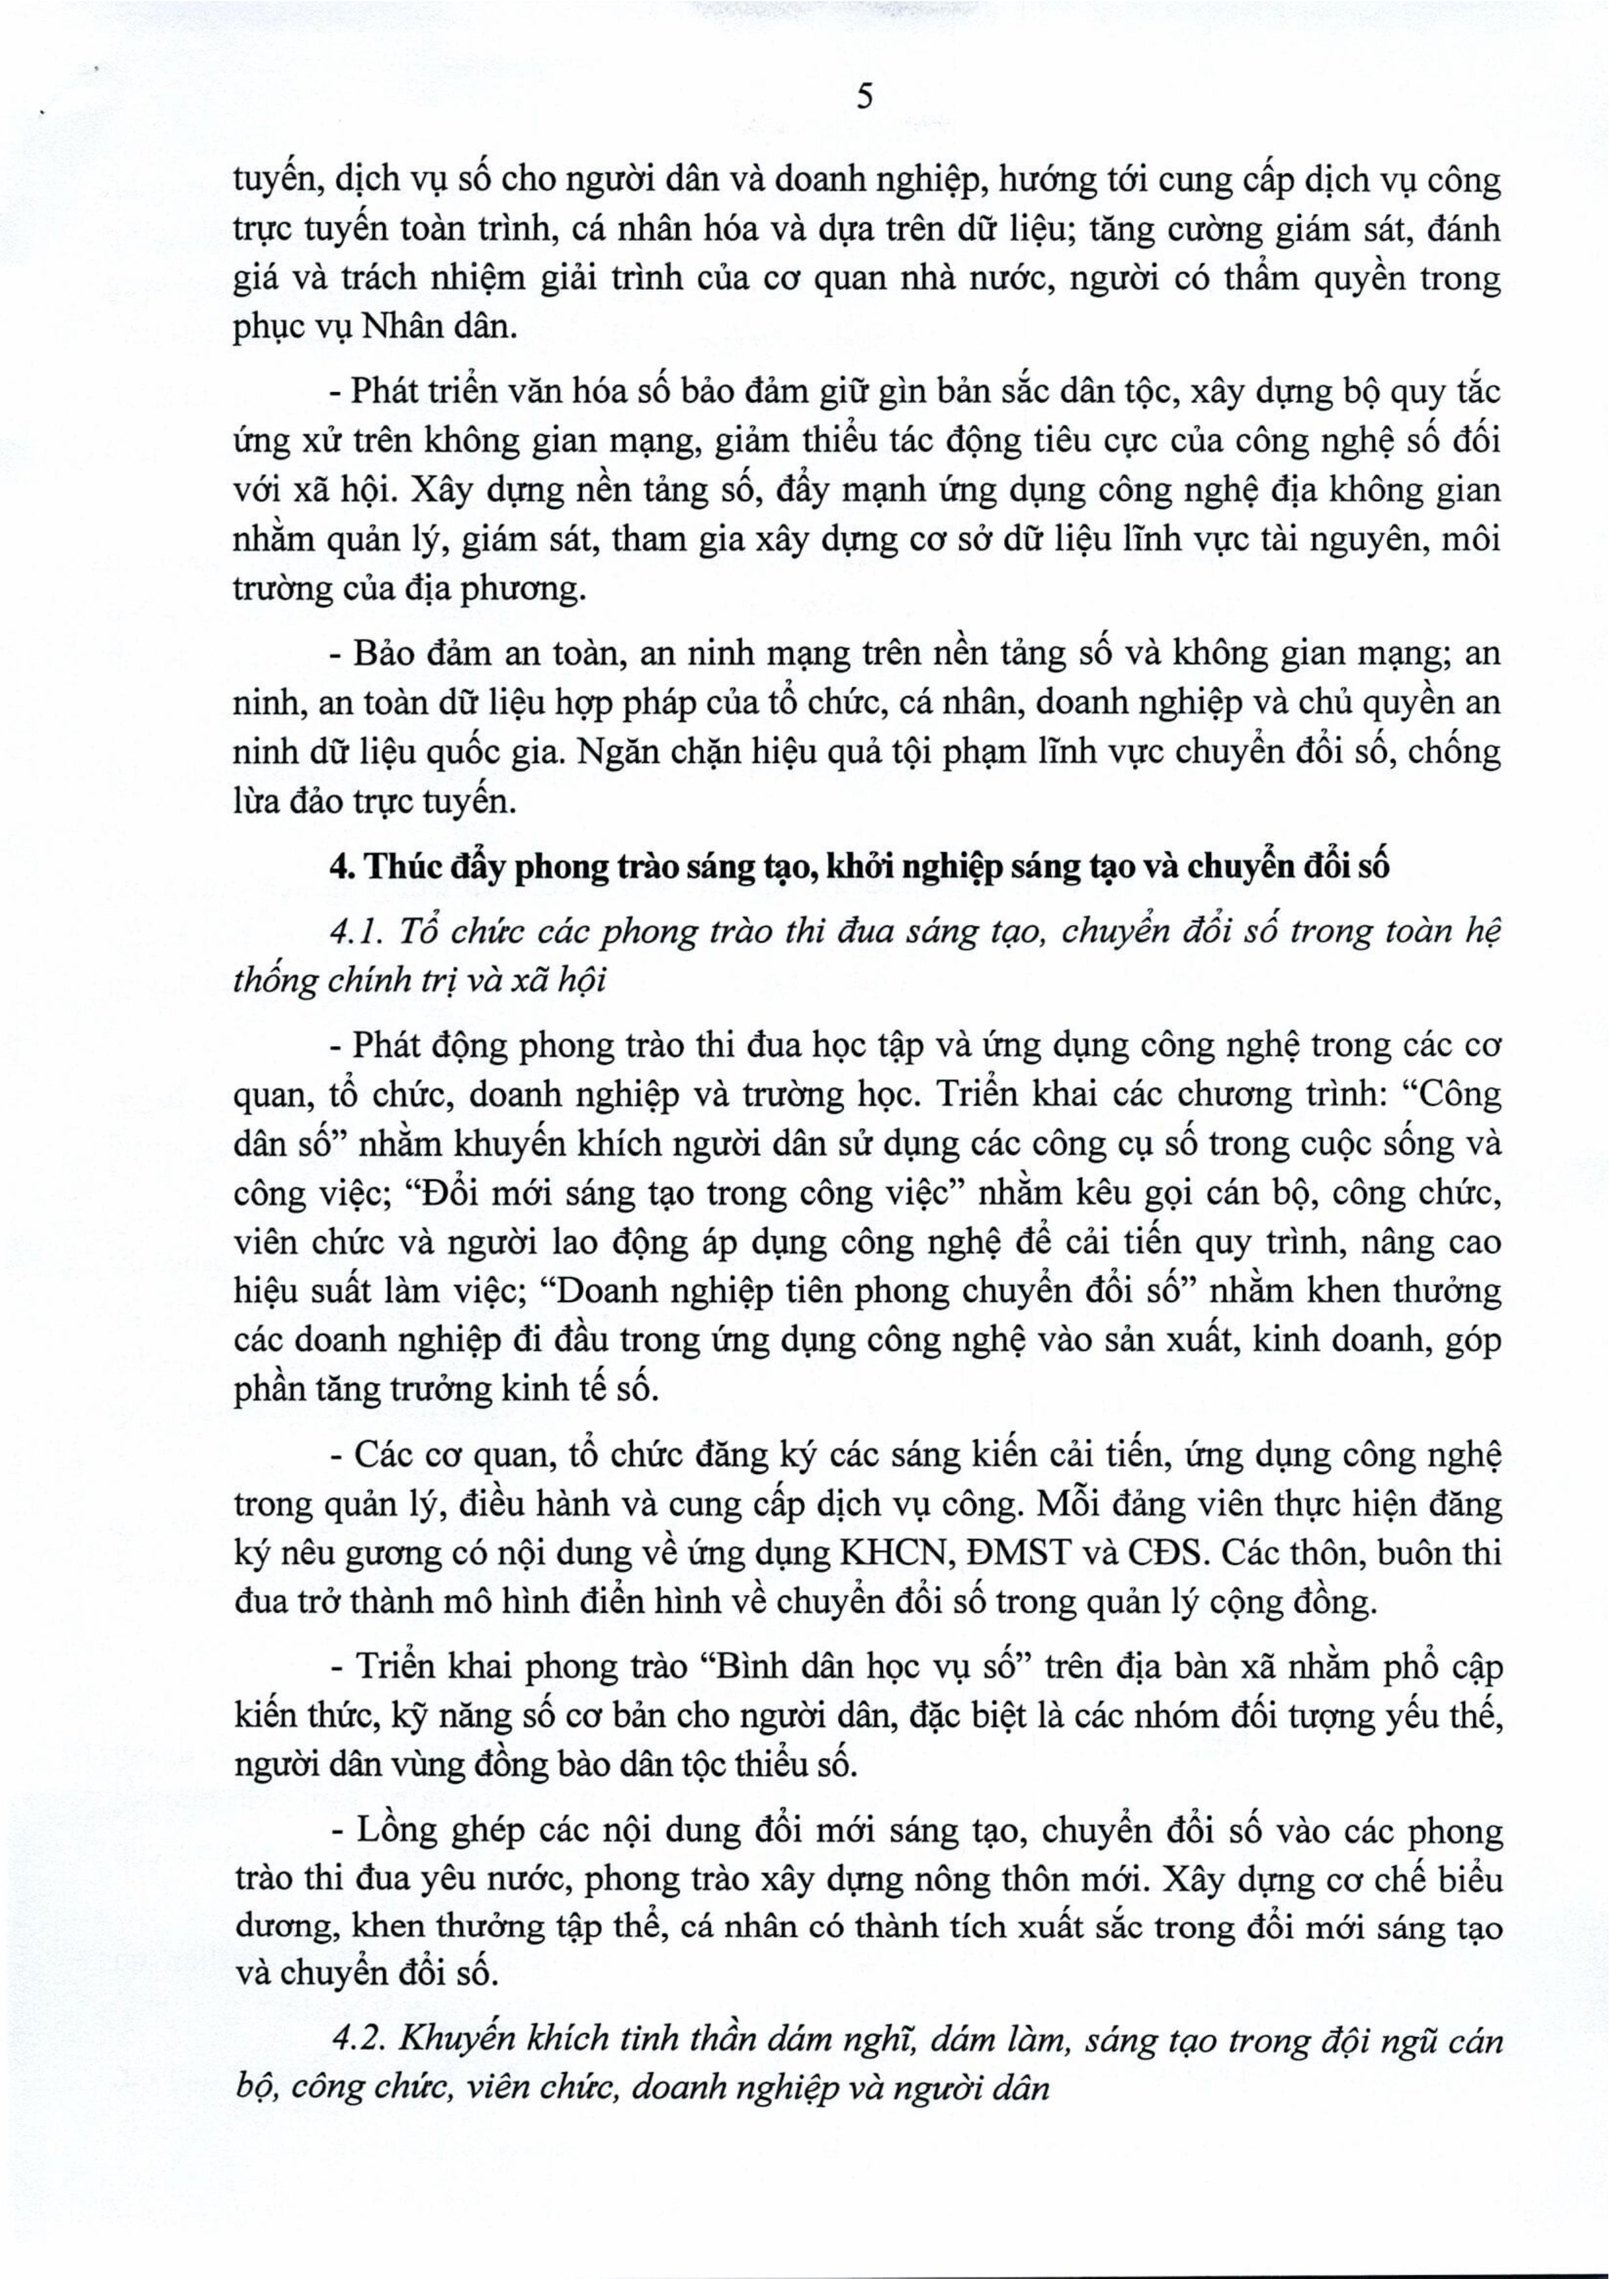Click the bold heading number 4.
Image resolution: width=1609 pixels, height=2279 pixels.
(x=341, y=867)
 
